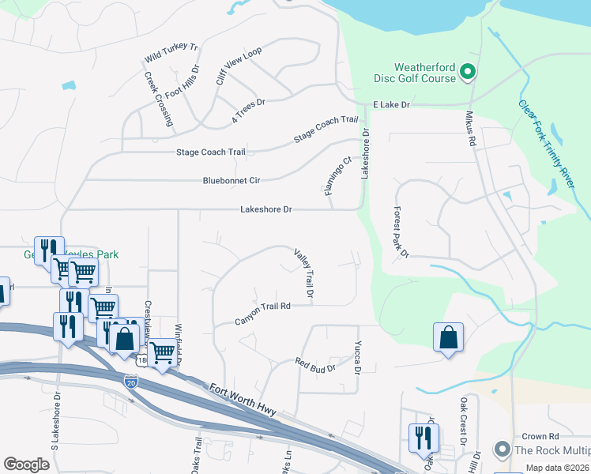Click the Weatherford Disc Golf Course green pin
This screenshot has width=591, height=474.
click(x=467, y=73)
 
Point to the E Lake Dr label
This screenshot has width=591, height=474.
click(x=392, y=104)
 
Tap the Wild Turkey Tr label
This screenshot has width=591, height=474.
click(x=171, y=53)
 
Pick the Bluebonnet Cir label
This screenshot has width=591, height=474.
click(x=232, y=181)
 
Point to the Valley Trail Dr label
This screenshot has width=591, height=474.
click(x=304, y=273)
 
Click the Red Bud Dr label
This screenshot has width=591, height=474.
click(x=315, y=365)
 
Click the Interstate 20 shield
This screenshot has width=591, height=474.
click(x=130, y=382)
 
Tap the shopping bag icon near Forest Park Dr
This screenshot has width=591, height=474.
click(x=448, y=338)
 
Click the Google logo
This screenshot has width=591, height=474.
click(x=27, y=465)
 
